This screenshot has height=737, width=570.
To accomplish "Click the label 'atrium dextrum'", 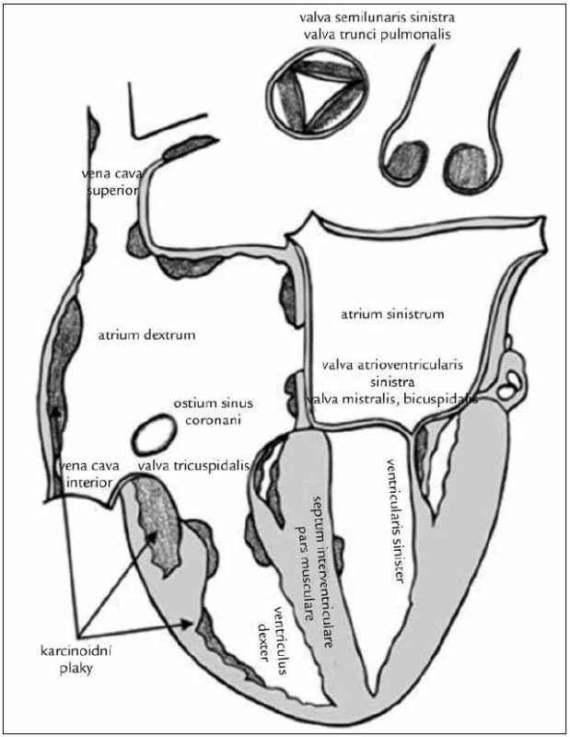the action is pyautogui.click(x=147, y=335).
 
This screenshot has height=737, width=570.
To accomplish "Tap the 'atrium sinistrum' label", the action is pyautogui.click(x=392, y=313).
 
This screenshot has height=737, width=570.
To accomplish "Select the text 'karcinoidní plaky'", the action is pyautogui.click(x=76, y=660).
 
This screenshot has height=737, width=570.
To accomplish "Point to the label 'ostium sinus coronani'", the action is pyautogui.click(x=214, y=411).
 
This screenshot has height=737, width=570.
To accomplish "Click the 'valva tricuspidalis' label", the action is pyautogui.click(x=193, y=466).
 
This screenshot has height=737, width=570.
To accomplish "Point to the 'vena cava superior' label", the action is pyautogui.click(x=110, y=182).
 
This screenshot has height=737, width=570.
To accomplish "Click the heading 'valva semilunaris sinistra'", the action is pyautogui.click(x=378, y=18).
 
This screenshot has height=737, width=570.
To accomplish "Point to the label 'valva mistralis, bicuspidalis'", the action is pyautogui.click(x=392, y=399).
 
